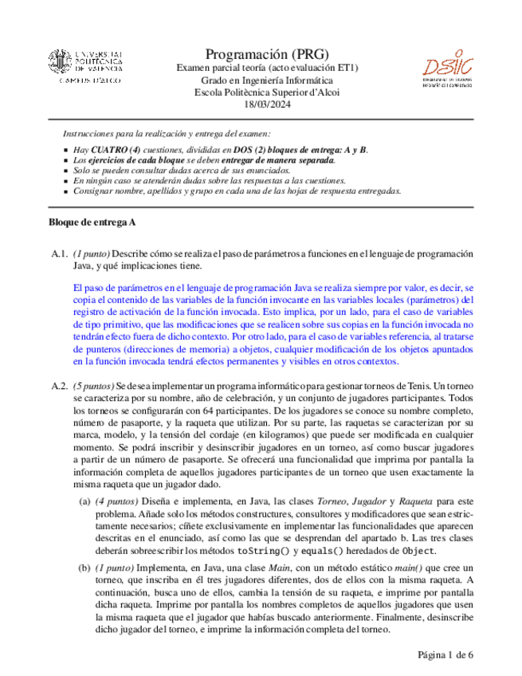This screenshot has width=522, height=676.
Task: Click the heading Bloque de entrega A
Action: (92, 221)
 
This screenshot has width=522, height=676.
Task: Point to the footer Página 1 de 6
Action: (445, 654)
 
